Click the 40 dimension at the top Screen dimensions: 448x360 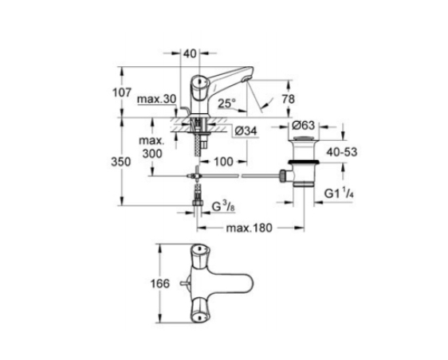pyautogui.click(x=190, y=53)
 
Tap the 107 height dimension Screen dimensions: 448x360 pyautogui.click(x=122, y=92)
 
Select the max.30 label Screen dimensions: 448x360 pyautogui.click(x=157, y=100)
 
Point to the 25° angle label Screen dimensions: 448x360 pyautogui.click(x=227, y=104)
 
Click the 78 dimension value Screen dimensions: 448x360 pyautogui.click(x=288, y=99)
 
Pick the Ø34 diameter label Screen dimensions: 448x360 pyautogui.click(x=246, y=131)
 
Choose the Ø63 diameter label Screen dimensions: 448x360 pyautogui.click(x=303, y=125)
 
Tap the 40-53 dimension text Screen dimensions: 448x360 pyautogui.click(x=342, y=152)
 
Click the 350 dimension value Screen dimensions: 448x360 pyautogui.click(x=121, y=162)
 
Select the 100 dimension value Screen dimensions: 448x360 pyautogui.click(x=223, y=162)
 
